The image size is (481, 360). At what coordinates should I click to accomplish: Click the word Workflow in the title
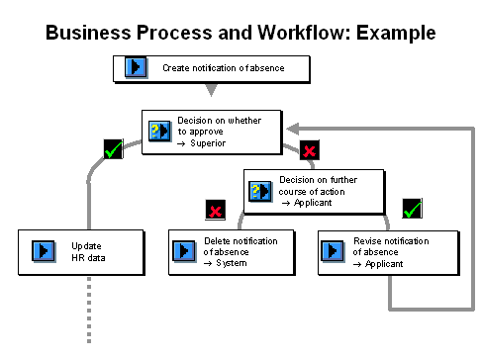click(x=301, y=33)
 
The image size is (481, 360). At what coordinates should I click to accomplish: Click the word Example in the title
click(x=396, y=34)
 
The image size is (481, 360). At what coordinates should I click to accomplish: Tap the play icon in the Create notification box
click(x=136, y=67)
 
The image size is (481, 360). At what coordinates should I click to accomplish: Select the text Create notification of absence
click(x=224, y=68)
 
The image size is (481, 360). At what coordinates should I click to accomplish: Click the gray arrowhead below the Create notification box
click(x=211, y=89)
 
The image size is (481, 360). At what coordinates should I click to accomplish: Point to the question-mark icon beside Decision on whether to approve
click(x=159, y=131)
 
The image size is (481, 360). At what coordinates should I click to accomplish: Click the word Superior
click(x=208, y=143)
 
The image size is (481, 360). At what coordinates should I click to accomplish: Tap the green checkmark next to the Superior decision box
click(x=113, y=149)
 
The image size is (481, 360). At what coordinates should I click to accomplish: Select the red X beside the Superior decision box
click(x=310, y=150)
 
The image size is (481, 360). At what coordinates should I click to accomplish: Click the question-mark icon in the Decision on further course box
click(x=260, y=191)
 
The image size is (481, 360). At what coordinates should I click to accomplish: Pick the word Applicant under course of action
click(x=313, y=203)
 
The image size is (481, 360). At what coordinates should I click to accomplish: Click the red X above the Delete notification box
click(x=216, y=210)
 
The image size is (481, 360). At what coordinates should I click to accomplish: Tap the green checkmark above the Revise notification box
click(x=413, y=209)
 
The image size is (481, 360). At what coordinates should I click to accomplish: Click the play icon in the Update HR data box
click(x=44, y=251)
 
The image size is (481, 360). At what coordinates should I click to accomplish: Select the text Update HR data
click(x=88, y=252)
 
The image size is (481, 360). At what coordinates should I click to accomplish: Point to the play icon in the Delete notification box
click(x=184, y=251)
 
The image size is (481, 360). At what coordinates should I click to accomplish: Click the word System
click(x=232, y=263)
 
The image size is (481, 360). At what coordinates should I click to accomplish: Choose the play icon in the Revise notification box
click(x=333, y=251)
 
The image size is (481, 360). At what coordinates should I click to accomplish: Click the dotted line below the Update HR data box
click(x=89, y=310)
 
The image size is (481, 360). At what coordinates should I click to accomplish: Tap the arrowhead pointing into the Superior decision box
click(x=293, y=129)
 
